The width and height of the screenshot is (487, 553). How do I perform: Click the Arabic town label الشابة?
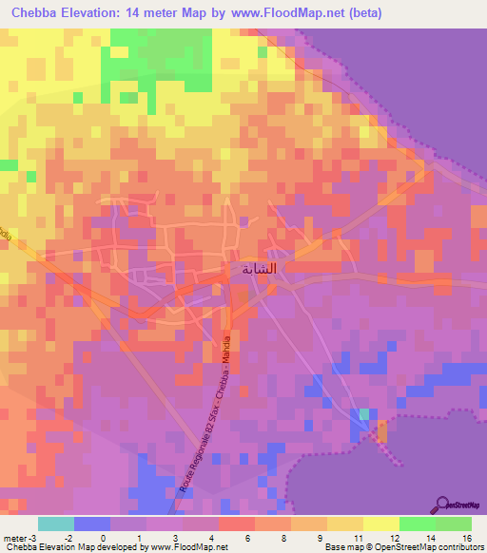pyautogui.click(x=259, y=269)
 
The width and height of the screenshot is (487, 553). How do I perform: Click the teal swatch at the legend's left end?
pyautogui.click(x=55, y=524)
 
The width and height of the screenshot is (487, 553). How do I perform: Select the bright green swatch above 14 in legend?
pyautogui.click(x=417, y=524)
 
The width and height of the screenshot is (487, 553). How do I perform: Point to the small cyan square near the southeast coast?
pyautogui.click(x=364, y=414)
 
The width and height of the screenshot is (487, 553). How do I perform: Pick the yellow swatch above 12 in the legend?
pyautogui.click(x=380, y=524)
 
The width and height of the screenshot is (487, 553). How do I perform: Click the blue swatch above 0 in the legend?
pyautogui.click(x=91, y=524)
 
